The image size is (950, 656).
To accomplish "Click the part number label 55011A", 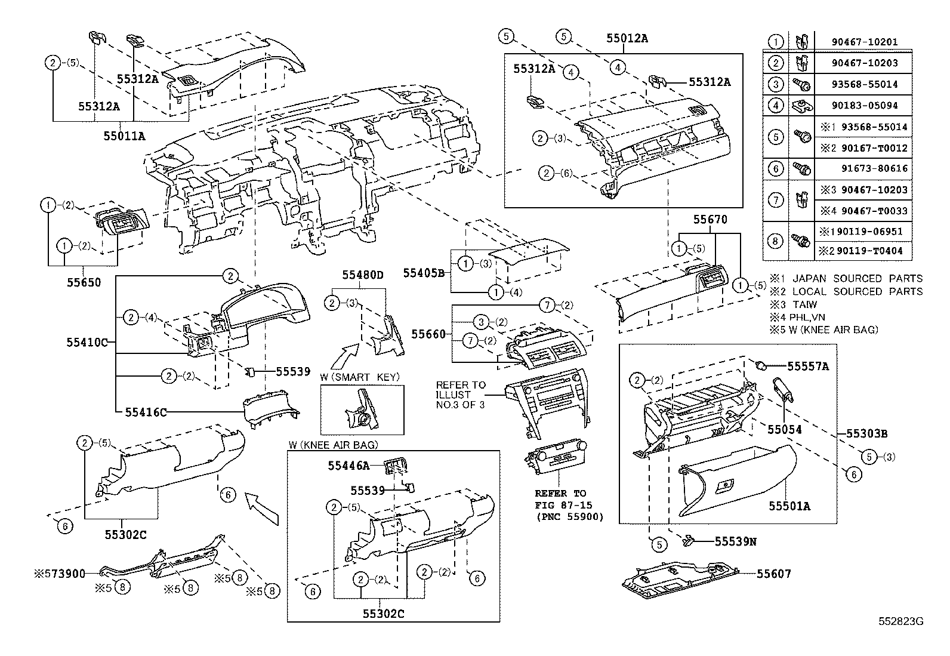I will pyautogui.click(x=124, y=136).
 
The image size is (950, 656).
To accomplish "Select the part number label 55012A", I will pyautogui.click(x=627, y=38).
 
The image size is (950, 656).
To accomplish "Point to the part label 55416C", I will pyautogui.click(x=146, y=412).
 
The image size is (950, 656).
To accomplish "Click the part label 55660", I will pyautogui.click(x=429, y=334).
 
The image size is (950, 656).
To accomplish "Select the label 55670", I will pyautogui.click(x=710, y=220).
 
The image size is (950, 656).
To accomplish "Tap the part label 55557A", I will pyautogui.click(x=808, y=367).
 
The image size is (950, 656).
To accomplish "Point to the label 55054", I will pyautogui.click(x=784, y=430).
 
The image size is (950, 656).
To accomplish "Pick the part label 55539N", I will pyautogui.click(x=736, y=541).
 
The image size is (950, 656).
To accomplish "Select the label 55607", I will pyautogui.click(x=774, y=574).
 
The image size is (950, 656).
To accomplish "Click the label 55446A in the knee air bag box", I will pyautogui.click(x=348, y=464).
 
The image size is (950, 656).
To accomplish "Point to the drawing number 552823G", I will pyautogui.click(x=900, y=621).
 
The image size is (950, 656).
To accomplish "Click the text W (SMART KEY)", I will pyautogui.click(x=359, y=377).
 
